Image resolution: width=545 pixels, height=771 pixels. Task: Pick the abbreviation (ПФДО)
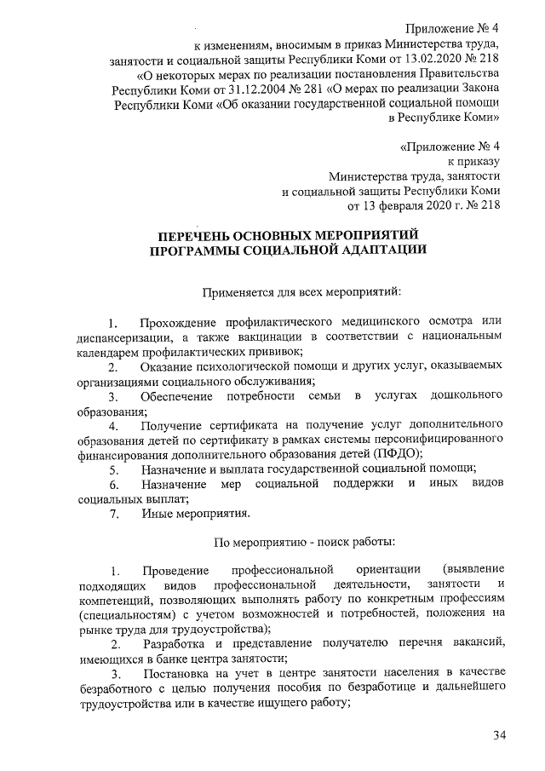click(x=398, y=453)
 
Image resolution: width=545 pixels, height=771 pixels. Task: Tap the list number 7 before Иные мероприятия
click(x=112, y=513)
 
